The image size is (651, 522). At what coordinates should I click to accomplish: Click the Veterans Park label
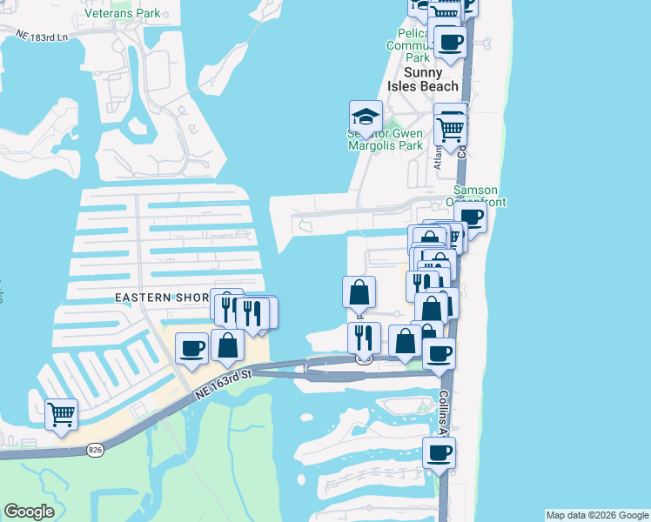(123, 14)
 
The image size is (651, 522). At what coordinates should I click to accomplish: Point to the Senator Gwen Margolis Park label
(386, 139)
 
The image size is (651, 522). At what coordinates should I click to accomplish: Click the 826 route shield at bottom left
(96, 449)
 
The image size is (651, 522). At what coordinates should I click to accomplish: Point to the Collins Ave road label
(443, 412)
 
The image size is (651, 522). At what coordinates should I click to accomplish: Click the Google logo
(29, 512)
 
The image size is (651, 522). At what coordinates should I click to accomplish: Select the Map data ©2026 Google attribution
(597, 515)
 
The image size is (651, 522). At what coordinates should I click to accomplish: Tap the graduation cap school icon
(366, 117)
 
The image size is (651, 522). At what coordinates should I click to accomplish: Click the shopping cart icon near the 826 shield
(61, 414)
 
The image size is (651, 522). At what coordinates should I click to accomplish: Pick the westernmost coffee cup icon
(192, 348)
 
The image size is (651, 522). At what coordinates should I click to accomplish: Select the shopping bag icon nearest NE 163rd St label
(227, 345)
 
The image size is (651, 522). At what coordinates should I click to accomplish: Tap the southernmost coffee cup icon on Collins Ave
(439, 452)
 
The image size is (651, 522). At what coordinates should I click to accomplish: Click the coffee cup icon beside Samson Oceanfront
(470, 217)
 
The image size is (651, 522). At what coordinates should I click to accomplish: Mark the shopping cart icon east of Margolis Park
(450, 129)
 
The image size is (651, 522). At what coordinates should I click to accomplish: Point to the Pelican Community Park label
(409, 45)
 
